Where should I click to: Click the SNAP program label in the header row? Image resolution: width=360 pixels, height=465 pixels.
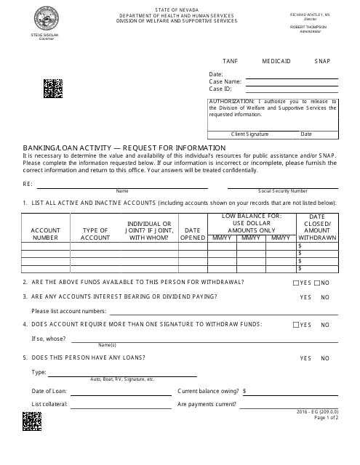coord(323,62)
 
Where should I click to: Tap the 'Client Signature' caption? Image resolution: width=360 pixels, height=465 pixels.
coord(249,134)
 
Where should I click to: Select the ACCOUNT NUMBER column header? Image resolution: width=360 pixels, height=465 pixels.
coord(45,233)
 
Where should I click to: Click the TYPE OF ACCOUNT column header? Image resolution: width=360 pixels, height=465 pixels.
coord(95,233)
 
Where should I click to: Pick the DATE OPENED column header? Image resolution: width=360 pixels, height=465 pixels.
coord(193,233)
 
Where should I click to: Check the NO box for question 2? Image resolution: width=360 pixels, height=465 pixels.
coord(316,282)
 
